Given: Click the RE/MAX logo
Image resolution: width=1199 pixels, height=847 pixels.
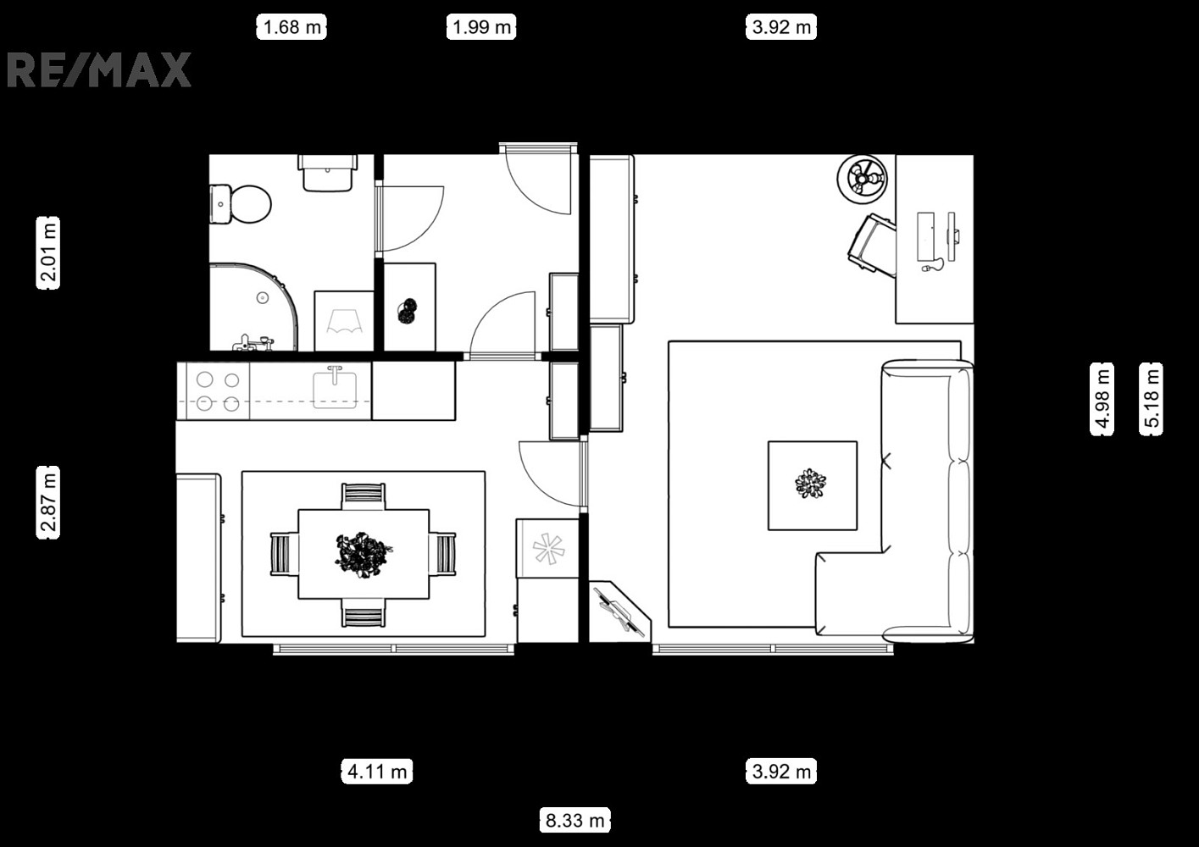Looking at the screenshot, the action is (x=99, y=69).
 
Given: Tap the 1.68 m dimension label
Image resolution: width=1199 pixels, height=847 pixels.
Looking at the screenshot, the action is (x=291, y=27).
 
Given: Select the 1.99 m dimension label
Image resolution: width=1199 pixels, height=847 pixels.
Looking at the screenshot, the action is (x=481, y=27).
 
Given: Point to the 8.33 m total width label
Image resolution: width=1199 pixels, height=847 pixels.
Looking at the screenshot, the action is (x=575, y=820).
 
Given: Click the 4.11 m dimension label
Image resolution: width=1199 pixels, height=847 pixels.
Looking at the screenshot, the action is (x=377, y=771).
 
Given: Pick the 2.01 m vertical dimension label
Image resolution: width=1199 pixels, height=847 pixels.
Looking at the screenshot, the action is (x=47, y=252).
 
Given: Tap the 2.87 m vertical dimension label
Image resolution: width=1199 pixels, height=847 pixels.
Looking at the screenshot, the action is (x=47, y=502).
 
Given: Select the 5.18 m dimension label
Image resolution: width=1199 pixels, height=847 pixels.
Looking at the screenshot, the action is (x=1151, y=399).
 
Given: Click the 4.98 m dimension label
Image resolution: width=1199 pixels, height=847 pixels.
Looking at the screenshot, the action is (x=1102, y=399).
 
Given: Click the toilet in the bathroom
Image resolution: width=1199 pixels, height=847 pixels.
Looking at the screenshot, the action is (x=241, y=204).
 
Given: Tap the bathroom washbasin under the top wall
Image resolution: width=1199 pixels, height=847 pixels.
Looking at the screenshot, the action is (x=328, y=173).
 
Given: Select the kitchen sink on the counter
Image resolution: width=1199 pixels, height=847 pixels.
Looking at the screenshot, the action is (x=335, y=389).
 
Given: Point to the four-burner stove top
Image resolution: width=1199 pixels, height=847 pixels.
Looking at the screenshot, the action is (x=218, y=390).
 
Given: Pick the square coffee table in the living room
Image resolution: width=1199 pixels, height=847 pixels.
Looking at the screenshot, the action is (x=813, y=486).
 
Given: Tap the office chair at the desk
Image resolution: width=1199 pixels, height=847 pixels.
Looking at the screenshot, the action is (x=871, y=245).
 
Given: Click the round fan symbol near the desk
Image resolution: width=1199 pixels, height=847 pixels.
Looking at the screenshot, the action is (x=863, y=180).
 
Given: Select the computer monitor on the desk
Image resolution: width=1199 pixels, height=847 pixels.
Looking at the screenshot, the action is (x=952, y=236).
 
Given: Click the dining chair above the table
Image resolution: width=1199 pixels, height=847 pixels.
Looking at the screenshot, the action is (x=364, y=496).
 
